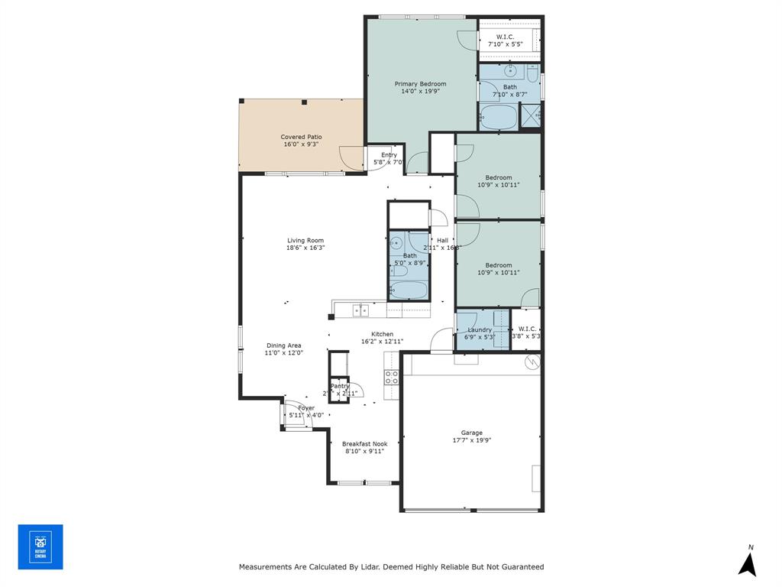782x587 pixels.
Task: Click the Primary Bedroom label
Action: [420, 83]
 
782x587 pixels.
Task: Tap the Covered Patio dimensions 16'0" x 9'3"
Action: [301, 144]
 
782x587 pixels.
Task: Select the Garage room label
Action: [471, 433]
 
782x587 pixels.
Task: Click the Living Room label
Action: [305, 240]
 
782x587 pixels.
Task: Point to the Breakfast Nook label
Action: [364, 443]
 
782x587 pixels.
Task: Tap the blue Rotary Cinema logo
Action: [40, 546]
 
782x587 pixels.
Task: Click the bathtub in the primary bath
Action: [498, 117]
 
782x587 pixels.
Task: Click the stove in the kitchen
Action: [391, 377]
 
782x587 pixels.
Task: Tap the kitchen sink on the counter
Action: [360, 310]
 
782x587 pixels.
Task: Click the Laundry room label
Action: [480, 329]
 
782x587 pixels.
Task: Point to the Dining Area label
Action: [283, 345]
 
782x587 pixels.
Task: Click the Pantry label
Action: [339, 386]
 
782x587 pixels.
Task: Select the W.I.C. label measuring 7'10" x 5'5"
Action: [505, 37]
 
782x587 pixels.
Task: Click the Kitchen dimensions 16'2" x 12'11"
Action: [382, 342]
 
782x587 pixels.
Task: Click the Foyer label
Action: [305, 408]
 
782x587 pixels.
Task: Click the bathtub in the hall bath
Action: [409, 290]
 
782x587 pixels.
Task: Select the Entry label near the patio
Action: [389, 155]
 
